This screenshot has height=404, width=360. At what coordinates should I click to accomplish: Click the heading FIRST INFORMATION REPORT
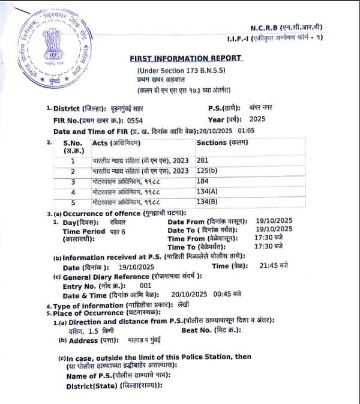(x=187, y=58)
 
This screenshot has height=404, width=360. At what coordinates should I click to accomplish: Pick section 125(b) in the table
(x=207, y=171)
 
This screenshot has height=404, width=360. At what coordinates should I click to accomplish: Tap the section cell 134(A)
(x=207, y=191)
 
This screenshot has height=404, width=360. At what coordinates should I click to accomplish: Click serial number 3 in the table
(x=73, y=181)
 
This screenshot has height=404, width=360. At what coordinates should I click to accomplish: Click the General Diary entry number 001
(x=145, y=286)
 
